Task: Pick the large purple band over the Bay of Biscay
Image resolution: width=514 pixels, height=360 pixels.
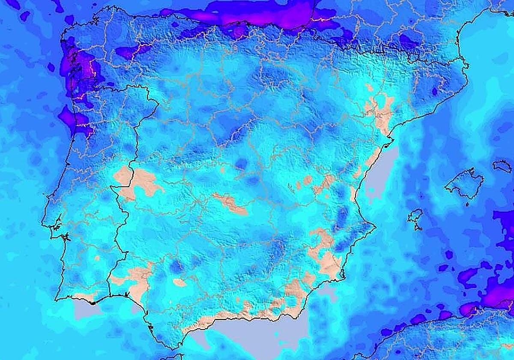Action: pyautogui.click(x=257, y=13)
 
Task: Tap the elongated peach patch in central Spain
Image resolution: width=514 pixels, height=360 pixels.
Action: pyautogui.click(x=231, y=204)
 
